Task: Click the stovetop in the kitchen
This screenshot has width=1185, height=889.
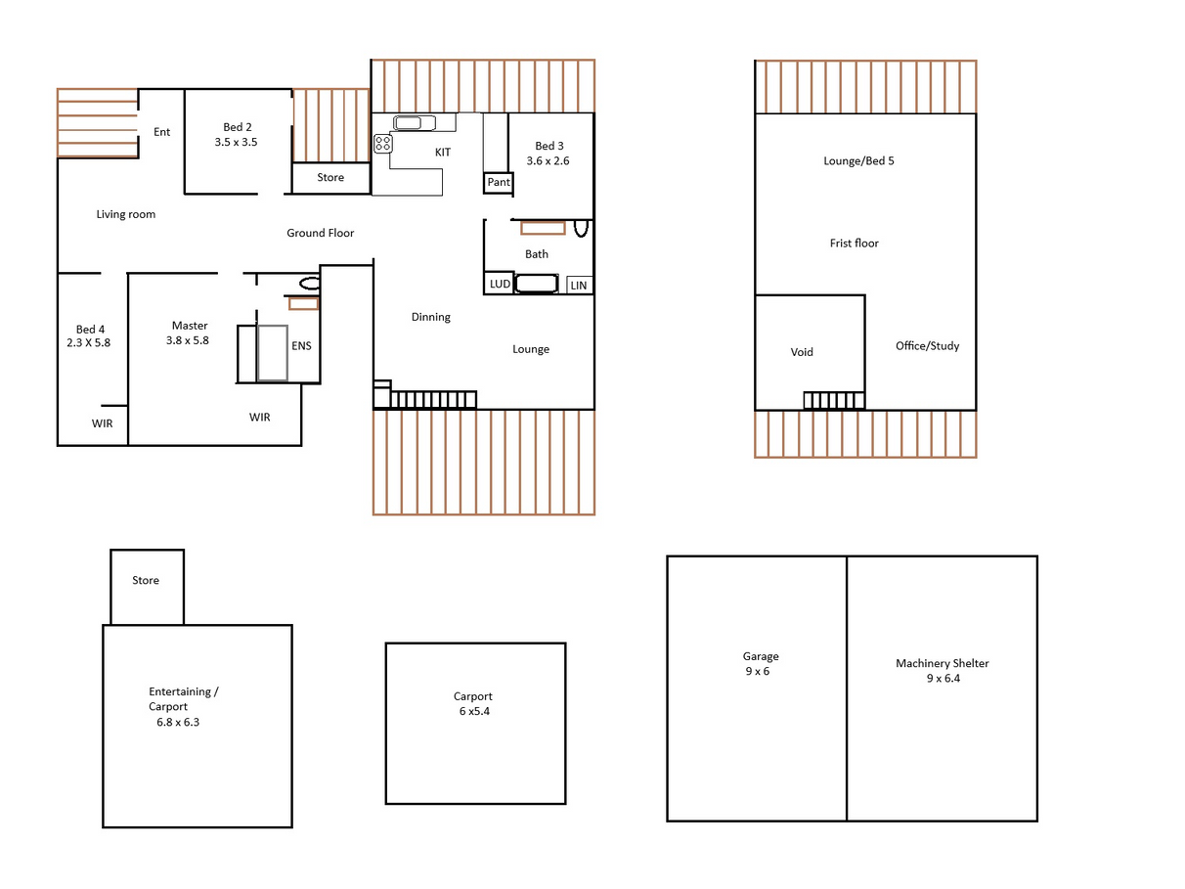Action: [x=382, y=144]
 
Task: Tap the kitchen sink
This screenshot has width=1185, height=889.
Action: [x=415, y=123]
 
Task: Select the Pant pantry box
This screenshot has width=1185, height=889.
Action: [x=498, y=183]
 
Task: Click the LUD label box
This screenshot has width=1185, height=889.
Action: [x=500, y=284]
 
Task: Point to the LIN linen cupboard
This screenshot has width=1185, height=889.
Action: [x=579, y=285]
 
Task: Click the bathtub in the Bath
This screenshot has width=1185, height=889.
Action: [x=537, y=284]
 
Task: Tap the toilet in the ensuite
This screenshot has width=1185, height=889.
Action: [x=310, y=284]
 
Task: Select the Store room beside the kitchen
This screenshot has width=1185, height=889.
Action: [x=330, y=178]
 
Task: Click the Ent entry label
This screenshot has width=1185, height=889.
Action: [x=161, y=132]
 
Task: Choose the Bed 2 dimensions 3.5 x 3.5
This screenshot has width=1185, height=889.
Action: [x=236, y=143]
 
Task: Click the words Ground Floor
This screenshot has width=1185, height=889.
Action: [x=320, y=233]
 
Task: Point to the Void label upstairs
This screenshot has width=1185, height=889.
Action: [x=801, y=352]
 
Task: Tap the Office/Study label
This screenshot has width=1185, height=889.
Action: [x=927, y=346]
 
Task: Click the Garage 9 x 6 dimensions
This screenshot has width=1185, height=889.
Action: [x=757, y=671]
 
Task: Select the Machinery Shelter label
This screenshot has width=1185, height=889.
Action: [x=943, y=663]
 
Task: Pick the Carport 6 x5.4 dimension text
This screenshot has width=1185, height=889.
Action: [x=474, y=711]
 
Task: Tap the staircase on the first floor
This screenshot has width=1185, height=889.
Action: [x=834, y=400]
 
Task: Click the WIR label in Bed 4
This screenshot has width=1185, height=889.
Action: [x=102, y=423]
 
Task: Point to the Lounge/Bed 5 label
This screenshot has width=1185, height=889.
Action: [x=858, y=160]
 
